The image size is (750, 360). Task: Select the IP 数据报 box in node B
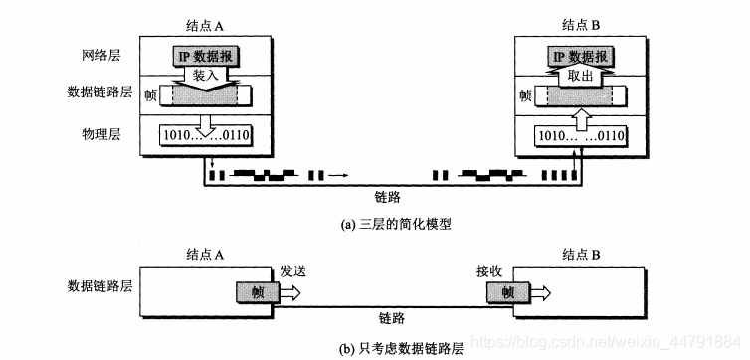tap(582, 56)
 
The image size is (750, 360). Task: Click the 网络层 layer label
tap(102, 56)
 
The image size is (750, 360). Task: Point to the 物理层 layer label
tap(102, 133)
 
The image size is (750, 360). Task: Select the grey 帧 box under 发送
tap(258, 293)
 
